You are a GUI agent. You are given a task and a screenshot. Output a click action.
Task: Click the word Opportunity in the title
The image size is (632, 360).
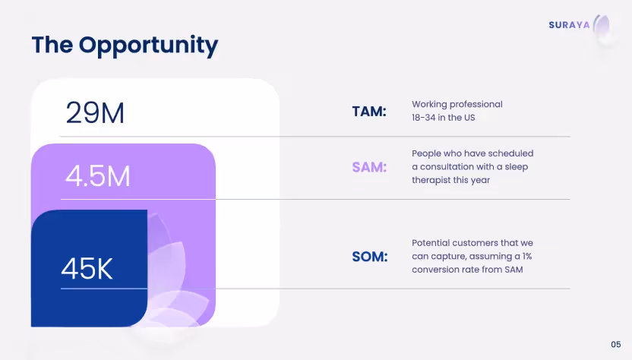pyautogui.click(x=148, y=46)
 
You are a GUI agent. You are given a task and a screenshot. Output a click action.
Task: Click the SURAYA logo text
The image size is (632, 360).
pyautogui.click(x=569, y=25)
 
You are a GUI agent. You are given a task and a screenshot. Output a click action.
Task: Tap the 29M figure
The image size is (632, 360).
pyautogui.click(x=95, y=113)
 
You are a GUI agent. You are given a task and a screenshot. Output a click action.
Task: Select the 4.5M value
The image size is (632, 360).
pyautogui.click(x=98, y=176)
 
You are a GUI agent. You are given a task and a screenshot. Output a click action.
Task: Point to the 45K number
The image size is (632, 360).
pyautogui.click(x=87, y=269)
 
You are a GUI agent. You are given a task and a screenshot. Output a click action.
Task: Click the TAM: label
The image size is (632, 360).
pyautogui.click(x=369, y=112)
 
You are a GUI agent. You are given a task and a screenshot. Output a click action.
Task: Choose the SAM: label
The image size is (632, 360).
pyautogui.click(x=369, y=167)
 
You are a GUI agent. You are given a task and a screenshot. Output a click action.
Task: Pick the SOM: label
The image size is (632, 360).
pyautogui.click(x=369, y=257)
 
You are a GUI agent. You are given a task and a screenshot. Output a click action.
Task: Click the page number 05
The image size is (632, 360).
pyautogui.click(x=615, y=344)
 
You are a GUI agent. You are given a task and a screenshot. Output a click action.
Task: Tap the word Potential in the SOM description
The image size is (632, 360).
pyautogui.click(x=431, y=242)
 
